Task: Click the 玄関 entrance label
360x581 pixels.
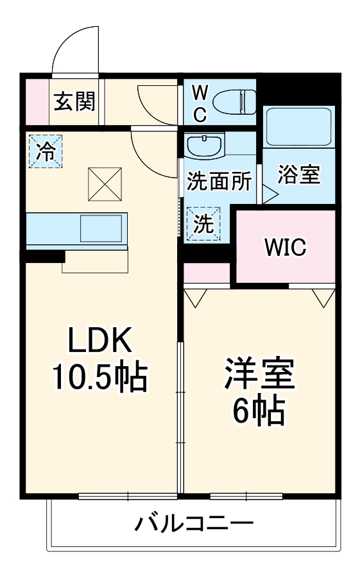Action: pyautogui.click(x=74, y=101)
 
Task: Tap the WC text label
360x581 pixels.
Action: pyautogui.click(x=200, y=103)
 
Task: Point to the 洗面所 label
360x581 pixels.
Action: pyautogui.click(x=219, y=181)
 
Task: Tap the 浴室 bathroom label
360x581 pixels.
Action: pyautogui.click(x=299, y=174)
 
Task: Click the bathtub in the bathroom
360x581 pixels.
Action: pyautogui.click(x=298, y=126)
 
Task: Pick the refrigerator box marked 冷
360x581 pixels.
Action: pyautogui.click(x=46, y=151)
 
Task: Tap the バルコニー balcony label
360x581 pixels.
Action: pyautogui.click(x=193, y=523)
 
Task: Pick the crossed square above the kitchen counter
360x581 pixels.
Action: pyautogui.click(x=104, y=183)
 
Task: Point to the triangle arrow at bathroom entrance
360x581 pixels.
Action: pyautogui.click(x=269, y=195)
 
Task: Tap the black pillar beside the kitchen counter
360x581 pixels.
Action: pyautogui.click(x=45, y=257)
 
